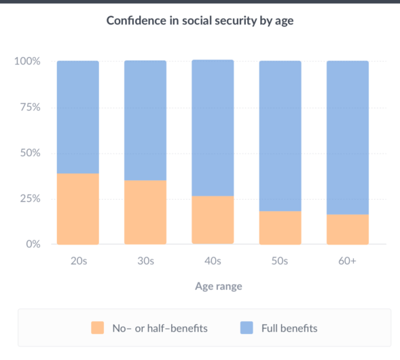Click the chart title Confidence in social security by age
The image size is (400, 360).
200,20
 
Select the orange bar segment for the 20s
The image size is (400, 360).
77,209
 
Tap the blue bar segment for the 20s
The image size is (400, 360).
77,117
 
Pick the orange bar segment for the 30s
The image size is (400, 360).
145,212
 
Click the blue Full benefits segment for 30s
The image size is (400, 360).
145,120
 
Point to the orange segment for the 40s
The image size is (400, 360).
213,220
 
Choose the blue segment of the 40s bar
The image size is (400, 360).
213,128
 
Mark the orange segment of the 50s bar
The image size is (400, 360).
280,228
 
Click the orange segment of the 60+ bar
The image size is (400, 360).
347,229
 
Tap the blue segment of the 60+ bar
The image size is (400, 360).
347,137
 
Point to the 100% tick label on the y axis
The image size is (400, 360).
27,62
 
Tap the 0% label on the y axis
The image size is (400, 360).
33,244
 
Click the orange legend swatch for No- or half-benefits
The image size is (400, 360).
97,328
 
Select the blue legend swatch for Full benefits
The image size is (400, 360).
247,328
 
